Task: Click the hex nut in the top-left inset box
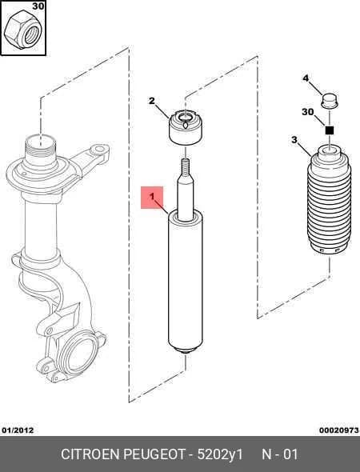pos(23,30)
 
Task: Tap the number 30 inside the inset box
pos(38,6)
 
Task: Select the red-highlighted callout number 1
pos(152,197)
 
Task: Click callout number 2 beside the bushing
pos(152,101)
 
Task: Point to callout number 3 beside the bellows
pos(294,140)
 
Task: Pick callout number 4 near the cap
pos(306,78)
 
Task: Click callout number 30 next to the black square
pos(308,112)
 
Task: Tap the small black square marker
pos(330,130)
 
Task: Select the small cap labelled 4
pos(330,101)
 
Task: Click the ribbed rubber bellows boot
pos(330,200)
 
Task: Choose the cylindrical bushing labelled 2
pos(185,128)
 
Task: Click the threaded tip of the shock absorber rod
pos(186,166)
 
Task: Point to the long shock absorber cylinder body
pos(186,282)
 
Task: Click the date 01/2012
pos(18,430)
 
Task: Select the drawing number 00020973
pos(339,430)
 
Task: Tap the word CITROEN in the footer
pos(90,454)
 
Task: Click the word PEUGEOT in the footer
pos(154,454)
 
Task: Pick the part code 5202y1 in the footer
pos(220,454)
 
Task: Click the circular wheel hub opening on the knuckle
pos(78,353)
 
